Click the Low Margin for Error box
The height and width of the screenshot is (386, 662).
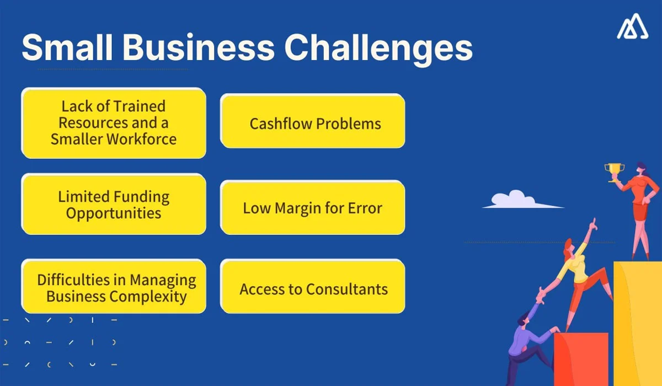[313, 208]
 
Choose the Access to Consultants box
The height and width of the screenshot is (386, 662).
[313, 288]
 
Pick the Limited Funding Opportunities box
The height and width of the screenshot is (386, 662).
[114, 204]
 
